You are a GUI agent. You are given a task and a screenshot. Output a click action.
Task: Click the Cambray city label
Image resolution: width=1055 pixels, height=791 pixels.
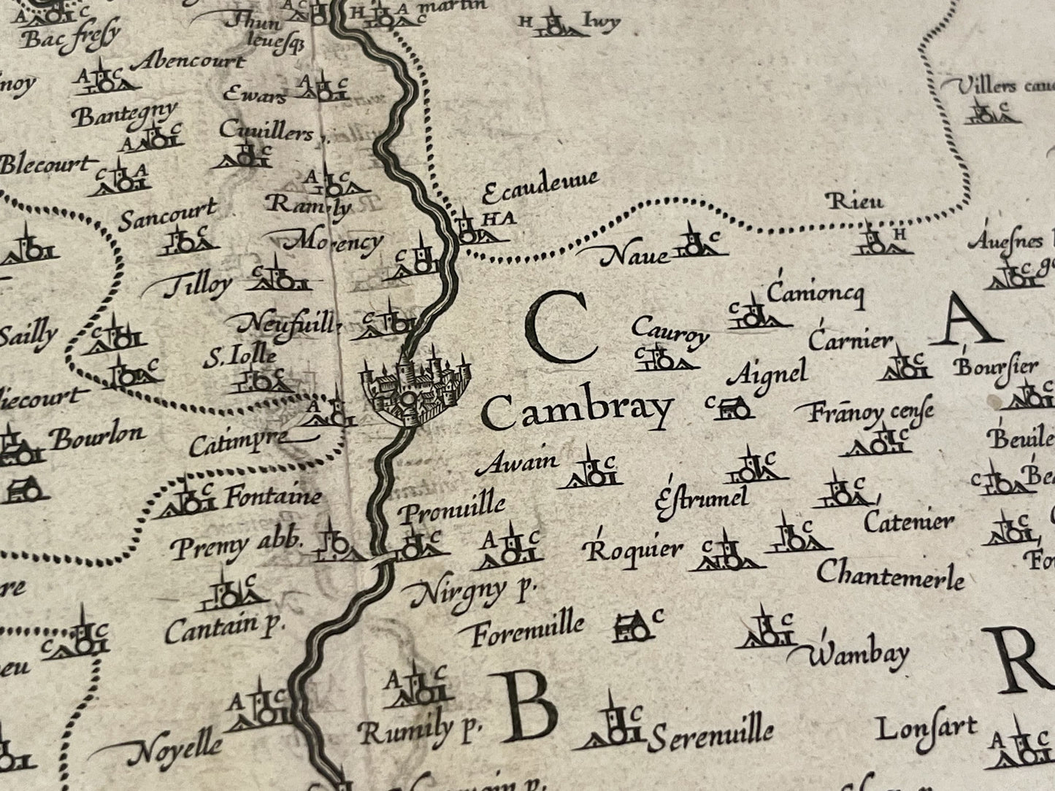pos(577,412)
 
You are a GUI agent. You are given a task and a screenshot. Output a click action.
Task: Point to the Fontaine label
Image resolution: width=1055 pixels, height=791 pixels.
pos(272,498)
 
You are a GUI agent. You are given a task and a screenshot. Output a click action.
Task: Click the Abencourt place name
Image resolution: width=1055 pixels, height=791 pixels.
pos(189,61)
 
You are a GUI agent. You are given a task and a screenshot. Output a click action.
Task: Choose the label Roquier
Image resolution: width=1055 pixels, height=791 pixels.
pos(634,549)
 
